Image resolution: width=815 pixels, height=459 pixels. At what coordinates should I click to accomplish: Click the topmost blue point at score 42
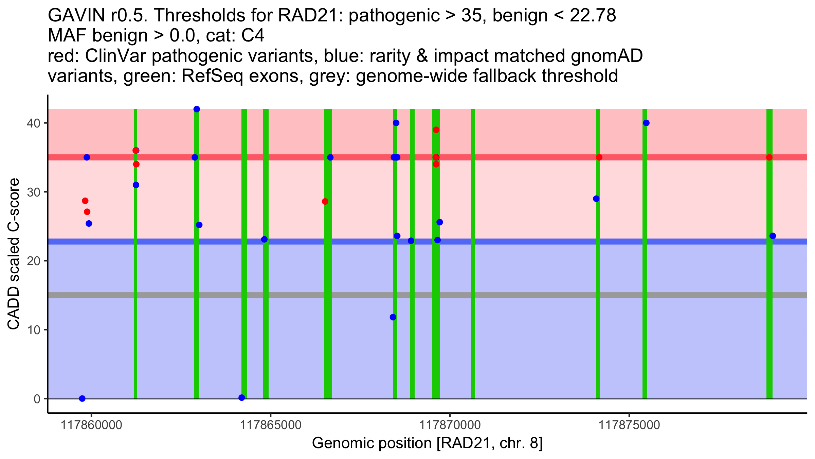[x=197, y=109]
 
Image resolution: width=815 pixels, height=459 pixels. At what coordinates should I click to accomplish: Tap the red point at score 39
[x=436, y=130]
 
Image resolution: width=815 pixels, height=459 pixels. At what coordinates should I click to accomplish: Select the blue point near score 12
[x=393, y=317]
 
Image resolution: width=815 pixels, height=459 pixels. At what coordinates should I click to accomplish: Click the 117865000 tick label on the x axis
[x=271, y=425]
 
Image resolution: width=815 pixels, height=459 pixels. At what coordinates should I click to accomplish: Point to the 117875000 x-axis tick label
[x=629, y=425]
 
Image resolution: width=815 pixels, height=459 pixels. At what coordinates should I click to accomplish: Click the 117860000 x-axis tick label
[x=91, y=425]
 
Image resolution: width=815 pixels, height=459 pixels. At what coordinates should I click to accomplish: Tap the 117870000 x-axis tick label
[x=450, y=425]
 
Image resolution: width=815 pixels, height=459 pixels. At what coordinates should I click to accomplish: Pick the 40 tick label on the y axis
[x=33, y=123]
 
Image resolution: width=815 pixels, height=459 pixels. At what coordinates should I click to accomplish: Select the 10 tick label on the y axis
[x=33, y=330]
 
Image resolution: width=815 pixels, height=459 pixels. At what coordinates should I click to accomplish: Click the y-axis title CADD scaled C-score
[x=14, y=254]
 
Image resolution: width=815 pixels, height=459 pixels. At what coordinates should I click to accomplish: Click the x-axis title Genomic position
[x=427, y=443]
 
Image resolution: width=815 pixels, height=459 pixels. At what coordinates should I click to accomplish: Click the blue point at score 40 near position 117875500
[x=646, y=123]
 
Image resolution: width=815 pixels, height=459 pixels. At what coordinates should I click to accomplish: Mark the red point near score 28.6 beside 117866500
[x=325, y=202]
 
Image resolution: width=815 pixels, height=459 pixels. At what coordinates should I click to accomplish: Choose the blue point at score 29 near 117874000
[x=596, y=199]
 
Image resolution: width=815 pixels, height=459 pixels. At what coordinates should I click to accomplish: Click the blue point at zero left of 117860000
[x=82, y=398]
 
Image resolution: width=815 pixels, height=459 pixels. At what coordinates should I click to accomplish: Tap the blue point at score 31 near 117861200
[x=136, y=185]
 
